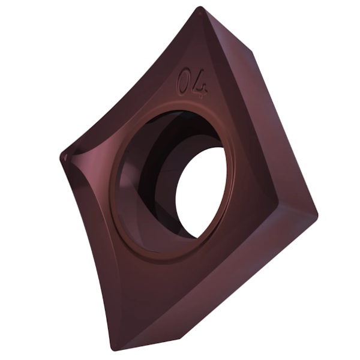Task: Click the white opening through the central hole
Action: point(200,193)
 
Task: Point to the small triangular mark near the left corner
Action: point(65,157)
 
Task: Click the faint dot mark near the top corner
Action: point(200,14)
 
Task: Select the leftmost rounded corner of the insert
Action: point(61,157)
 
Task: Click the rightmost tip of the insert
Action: point(317,215)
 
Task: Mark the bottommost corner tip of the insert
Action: point(113,350)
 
